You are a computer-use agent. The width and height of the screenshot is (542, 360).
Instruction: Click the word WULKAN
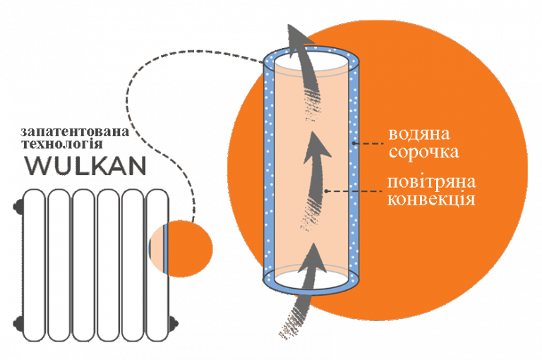[x=85, y=166]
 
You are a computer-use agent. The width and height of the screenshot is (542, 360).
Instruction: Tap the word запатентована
[x=75, y=132]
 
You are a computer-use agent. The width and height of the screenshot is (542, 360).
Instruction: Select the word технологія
[x=62, y=143]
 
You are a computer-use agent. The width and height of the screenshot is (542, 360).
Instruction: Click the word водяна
[x=419, y=134]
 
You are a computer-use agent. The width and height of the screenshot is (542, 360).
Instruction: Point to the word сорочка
[x=424, y=152]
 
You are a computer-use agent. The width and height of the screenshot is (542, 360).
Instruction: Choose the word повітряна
[x=431, y=182]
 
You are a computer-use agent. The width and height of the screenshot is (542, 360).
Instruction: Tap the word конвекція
[x=431, y=200]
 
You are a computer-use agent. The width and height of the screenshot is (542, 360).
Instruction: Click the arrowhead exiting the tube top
[x=298, y=38]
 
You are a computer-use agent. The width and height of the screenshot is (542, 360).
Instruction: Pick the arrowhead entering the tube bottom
[x=314, y=258]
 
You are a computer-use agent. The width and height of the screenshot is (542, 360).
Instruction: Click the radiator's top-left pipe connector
[x=18, y=206]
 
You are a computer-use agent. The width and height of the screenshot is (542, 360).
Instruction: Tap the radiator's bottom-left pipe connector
[x=18, y=324]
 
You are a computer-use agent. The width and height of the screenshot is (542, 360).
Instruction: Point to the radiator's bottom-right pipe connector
[x=174, y=324]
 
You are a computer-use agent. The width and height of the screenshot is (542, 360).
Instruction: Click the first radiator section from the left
[x=34, y=265]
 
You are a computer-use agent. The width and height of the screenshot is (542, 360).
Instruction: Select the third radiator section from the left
[x=84, y=265]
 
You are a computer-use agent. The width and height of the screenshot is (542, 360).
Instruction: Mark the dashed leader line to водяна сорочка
[x=368, y=143]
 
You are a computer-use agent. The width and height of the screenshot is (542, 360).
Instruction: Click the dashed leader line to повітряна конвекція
[x=354, y=191]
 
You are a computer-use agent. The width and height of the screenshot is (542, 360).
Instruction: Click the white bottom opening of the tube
[x=311, y=279]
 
